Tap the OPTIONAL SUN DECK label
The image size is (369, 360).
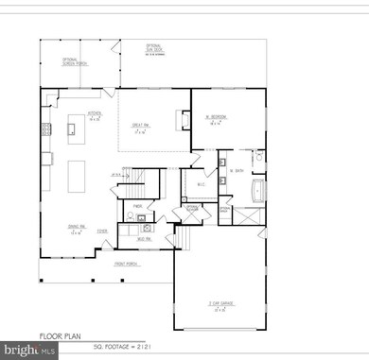click(x=154, y=49)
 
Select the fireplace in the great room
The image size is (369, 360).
click(x=183, y=119)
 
